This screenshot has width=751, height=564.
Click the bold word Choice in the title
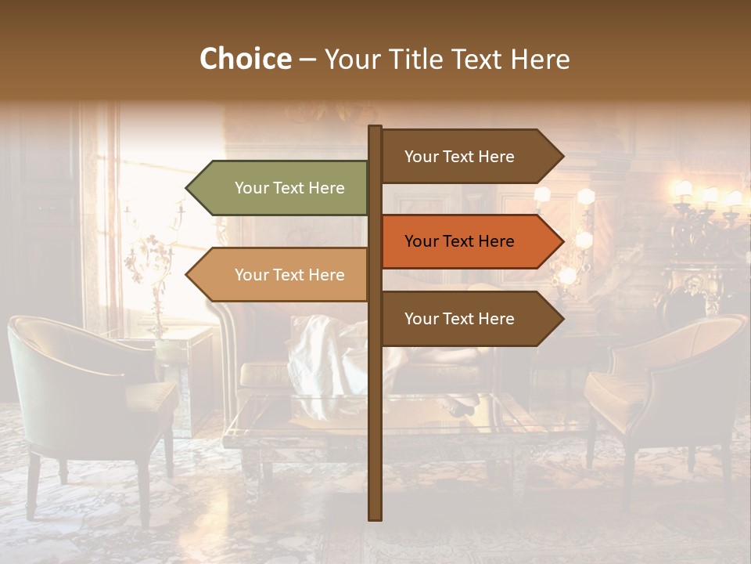(245, 59)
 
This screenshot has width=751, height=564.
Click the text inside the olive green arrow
(289, 188)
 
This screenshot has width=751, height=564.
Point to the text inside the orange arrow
(459, 241)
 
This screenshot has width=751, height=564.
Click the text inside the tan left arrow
(289, 275)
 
